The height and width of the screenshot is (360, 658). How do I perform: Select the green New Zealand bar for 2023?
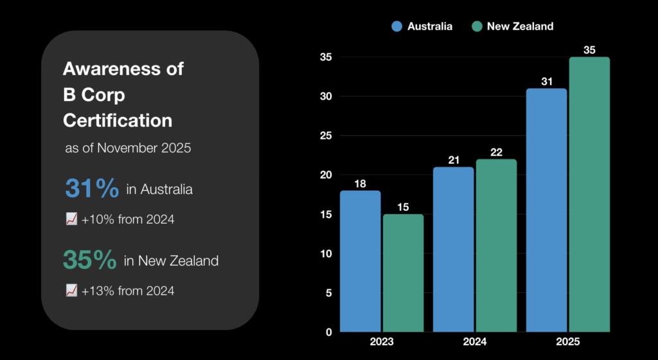pyautogui.click(x=403, y=273)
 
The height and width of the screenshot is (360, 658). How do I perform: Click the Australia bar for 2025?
pyautogui.click(x=546, y=210)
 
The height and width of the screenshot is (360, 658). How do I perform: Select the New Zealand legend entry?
pyautogui.click(x=511, y=26)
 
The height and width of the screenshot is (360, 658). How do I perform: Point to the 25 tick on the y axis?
pyautogui.click(x=326, y=136)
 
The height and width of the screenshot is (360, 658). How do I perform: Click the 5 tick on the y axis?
pyautogui.click(x=328, y=293)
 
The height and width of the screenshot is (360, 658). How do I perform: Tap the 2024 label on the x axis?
pyautogui.click(x=475, y=343)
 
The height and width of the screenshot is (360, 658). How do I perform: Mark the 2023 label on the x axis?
pyautogui.click(x=382, y=343)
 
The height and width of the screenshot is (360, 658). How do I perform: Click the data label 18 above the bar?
pyautogui.click(x=360, y=184)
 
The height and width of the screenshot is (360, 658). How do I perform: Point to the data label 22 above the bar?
pyautogui.click(x=496, y=152)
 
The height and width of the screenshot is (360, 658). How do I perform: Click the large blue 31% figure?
pyautogui.click(x=92, y=189)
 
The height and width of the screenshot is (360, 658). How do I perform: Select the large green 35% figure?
pyautogui.click(x=90, y=260)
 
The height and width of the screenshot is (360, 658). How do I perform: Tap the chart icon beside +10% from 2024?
pyautogui.click(x=71, y=219)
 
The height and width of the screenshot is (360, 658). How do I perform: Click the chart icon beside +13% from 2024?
pyautogui.click(x=71, y=291)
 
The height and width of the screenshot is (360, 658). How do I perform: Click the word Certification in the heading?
pyautogui.click(x=118, y=120)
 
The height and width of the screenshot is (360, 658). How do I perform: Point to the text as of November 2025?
pyautogui.click(x=128, y=148)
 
